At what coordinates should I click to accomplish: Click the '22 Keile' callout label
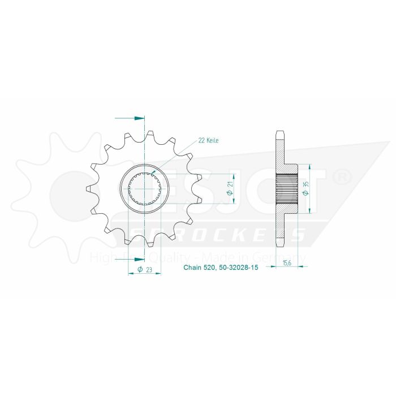208,140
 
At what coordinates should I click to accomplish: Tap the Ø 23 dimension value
144,270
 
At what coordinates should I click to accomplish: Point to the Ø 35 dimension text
305,189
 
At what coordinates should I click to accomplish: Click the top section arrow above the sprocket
139,118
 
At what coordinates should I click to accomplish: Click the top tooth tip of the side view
280,134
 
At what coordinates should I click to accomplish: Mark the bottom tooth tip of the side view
280,243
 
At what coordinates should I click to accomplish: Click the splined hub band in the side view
286,189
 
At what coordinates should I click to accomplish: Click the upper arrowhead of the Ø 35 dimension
310,167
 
